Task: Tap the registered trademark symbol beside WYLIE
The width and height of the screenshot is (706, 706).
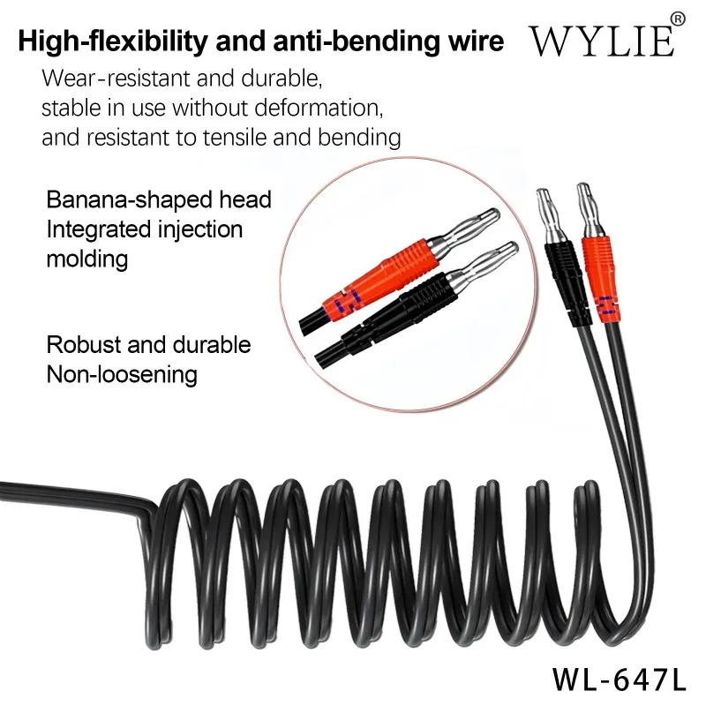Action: point(678,19)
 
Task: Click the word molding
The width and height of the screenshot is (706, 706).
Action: point(86,259)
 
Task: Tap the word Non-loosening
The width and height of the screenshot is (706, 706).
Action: point(122,373)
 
